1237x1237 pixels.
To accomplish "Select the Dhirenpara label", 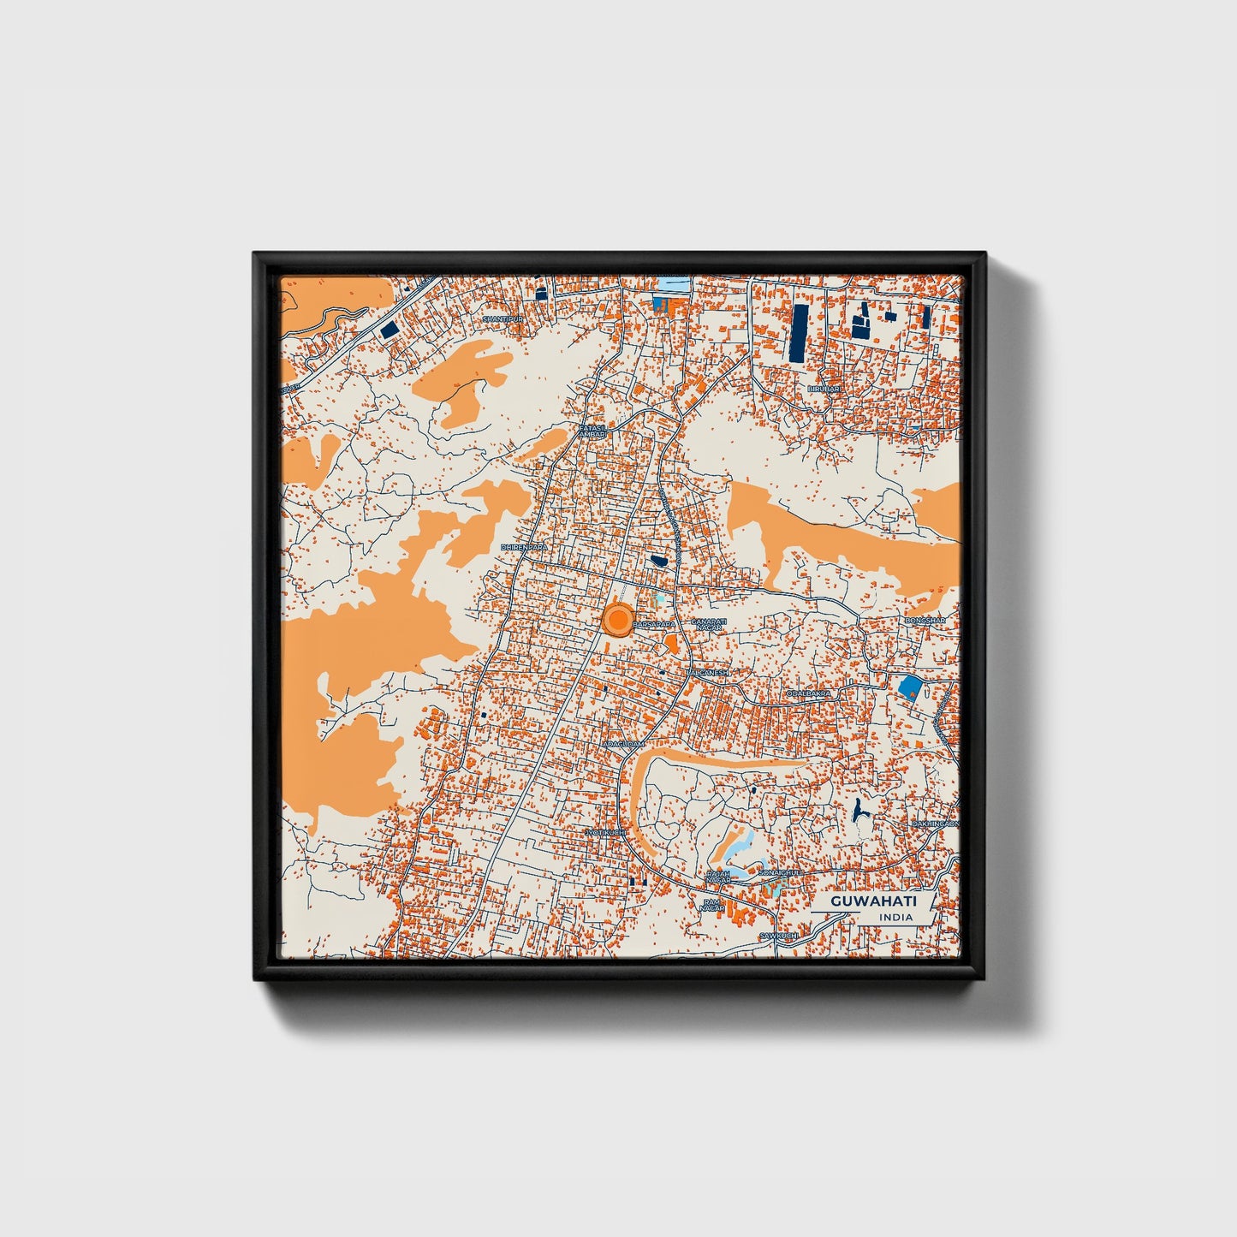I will point(524,546).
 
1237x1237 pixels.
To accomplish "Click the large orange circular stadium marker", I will point(617,620).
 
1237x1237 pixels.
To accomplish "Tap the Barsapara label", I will point(654,625).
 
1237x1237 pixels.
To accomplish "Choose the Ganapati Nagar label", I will point(709,625).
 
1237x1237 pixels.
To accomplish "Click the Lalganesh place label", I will point(707,673).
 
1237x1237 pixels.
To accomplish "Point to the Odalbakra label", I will point(810,694).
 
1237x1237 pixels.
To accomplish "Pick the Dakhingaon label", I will point(935,824).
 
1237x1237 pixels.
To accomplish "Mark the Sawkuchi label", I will point(778,937).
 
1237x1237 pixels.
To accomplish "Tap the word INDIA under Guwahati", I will point(895,918).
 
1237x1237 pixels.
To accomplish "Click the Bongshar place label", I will point(925,621).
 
